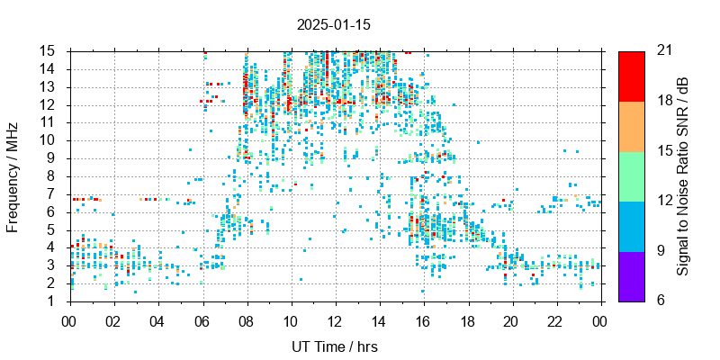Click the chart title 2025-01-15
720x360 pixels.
[333, 25]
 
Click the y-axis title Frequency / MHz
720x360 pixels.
[13, 175]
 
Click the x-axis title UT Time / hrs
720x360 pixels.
[335, 346]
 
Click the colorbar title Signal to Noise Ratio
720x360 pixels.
[683, 175]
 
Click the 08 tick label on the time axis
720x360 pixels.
[247, 321]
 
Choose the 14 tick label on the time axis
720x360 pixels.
[379, 321]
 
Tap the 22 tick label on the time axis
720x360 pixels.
[555, 321]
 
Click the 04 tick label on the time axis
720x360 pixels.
[158, 321]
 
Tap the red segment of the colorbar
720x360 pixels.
[631, 76]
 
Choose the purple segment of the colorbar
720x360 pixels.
[631, 275]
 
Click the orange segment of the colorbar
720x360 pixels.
[631, 125]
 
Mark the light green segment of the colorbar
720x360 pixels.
[631, 175]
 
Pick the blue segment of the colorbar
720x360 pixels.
[631, 225]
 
